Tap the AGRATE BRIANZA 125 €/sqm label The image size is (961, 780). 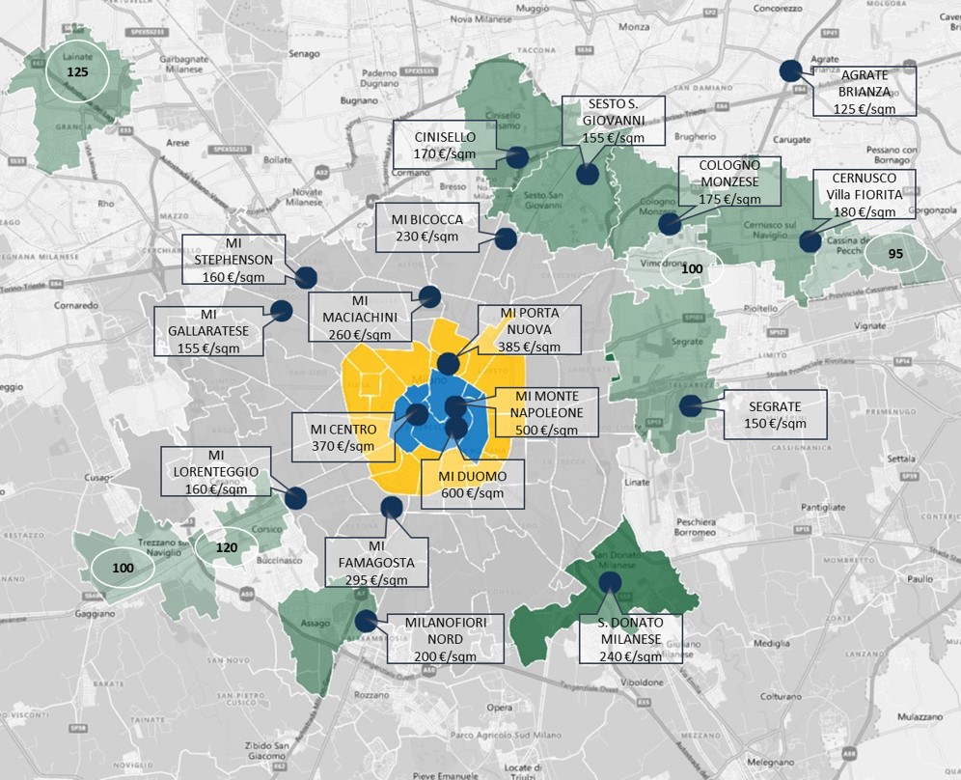864,92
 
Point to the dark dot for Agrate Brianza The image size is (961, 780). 790,70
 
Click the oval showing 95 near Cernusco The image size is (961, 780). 894,255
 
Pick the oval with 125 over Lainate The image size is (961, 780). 76,72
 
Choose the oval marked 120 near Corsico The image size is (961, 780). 226,546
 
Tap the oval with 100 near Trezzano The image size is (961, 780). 123,568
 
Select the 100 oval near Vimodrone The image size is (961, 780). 691,268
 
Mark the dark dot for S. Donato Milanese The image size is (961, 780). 609,582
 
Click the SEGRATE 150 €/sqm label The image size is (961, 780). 774,415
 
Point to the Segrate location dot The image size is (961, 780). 690,406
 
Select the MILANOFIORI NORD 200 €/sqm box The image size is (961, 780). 446,638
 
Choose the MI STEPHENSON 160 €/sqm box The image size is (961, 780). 234,259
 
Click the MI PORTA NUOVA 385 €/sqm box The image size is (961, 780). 530,331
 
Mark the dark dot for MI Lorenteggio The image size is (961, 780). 295,498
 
